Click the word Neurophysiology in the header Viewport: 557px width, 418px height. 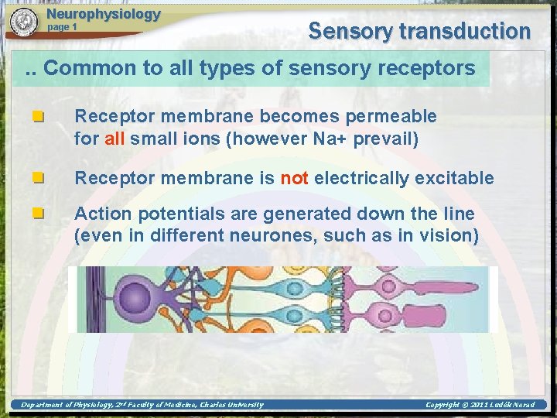(x=103, y=14)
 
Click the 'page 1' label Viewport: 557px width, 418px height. (x=63, y=27)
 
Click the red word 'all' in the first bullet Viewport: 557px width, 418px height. (x=114, y=139)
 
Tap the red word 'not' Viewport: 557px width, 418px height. (x=294, y=178)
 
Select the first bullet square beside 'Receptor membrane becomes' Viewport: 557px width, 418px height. (x=37, y=117)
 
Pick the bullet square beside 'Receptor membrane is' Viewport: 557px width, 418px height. (x=37, y=178)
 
